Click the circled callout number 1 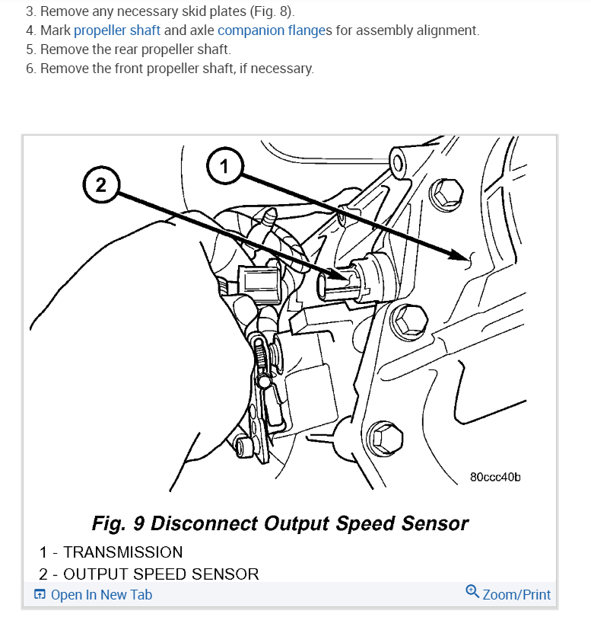pos(224,167)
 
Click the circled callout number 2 pos(101,185)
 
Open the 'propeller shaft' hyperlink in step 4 pos(117,31)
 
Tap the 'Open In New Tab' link pos(101,595)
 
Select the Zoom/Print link pos(516,595)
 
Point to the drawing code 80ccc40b pos(495,478)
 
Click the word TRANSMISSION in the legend pos(123,552)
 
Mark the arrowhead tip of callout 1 pos(465,260)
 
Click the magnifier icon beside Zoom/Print pos(472,592)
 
